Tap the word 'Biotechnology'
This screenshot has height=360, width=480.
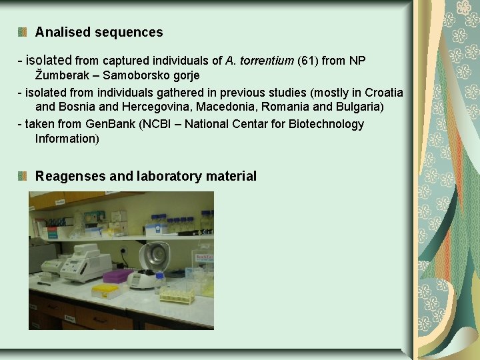pos(326,124)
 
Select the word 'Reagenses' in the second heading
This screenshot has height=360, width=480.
pos(70,176)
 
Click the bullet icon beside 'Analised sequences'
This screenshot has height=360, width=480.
pos(23,32)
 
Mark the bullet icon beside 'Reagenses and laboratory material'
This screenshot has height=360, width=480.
pos(23,176)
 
